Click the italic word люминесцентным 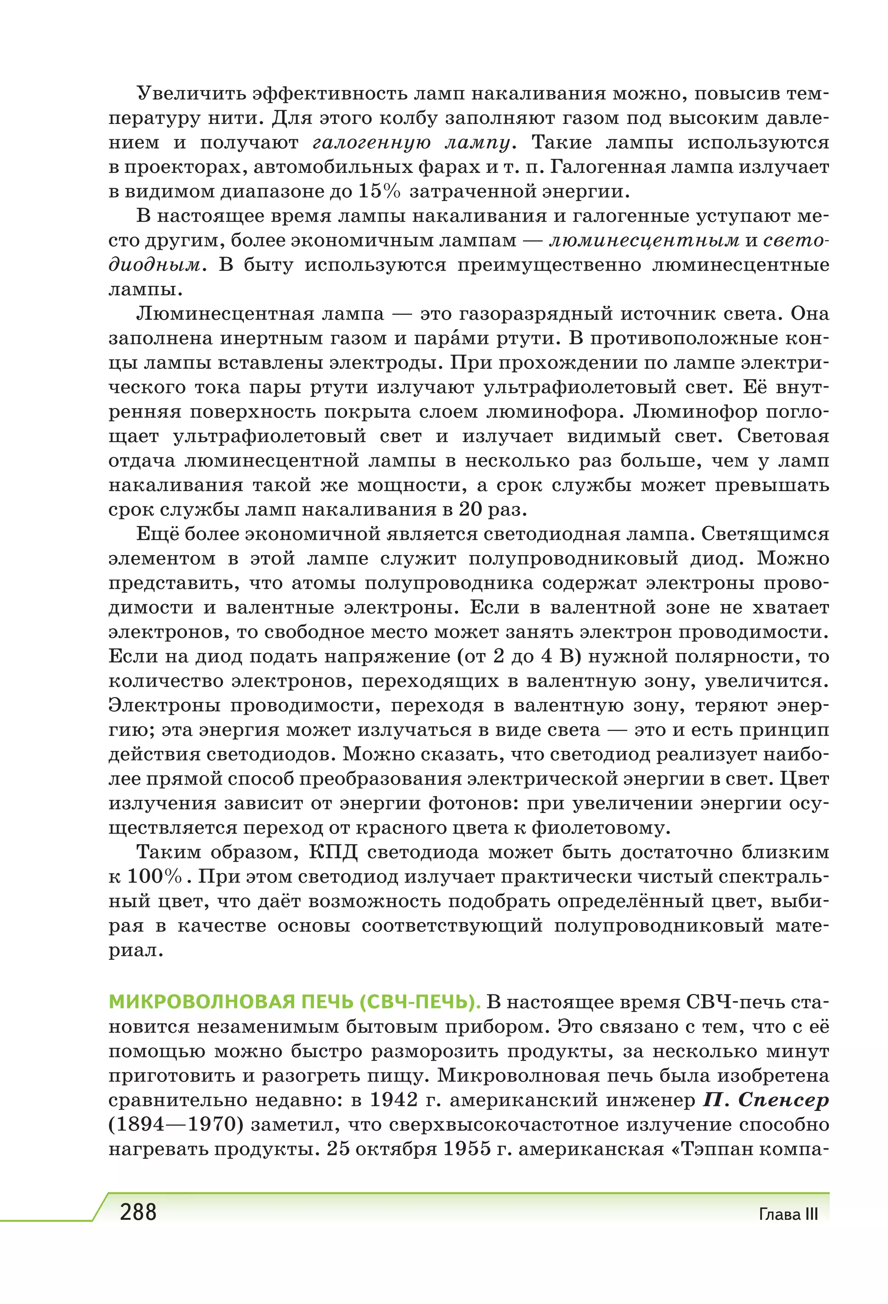644,241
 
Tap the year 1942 393,1100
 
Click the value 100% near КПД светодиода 154,877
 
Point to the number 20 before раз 470,509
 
